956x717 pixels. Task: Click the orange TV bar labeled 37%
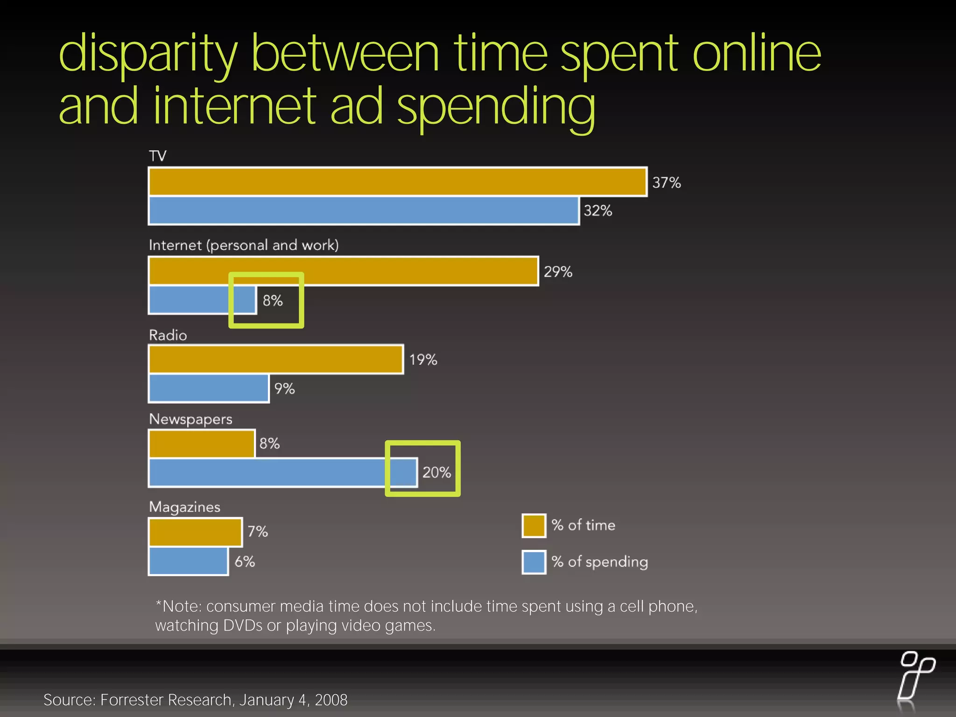click(398, 182)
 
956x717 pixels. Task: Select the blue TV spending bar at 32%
click(364, 211)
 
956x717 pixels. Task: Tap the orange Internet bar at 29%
click(344, 271)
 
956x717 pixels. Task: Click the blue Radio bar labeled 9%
click(209, 388)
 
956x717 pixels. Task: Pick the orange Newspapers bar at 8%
click(202, 443)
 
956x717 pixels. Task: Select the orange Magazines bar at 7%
click(195, 532)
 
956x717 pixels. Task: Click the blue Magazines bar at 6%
click(188, 562)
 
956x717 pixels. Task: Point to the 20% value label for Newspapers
click(436, 472)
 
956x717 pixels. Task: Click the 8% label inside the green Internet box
click(273, 301)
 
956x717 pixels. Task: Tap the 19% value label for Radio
click(423, 359)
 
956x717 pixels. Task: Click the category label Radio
click(168, 335)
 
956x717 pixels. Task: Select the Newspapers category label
click(190, 419)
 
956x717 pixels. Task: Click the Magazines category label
click(184, 507)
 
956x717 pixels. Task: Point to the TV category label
click(157, 156)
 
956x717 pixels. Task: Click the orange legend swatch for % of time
click(534, 526)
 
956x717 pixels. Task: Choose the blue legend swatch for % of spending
click(534, 562)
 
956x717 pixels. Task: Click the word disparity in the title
click(148, 54)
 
